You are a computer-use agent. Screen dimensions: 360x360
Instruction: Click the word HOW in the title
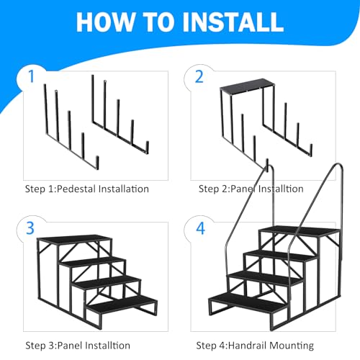point(105,22)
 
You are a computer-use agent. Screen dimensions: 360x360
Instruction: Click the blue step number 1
point(31,76)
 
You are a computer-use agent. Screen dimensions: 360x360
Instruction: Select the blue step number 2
point(199,76)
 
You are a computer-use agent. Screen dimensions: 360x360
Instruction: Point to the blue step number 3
point(30,228)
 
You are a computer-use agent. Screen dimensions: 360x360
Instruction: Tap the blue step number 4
point(201,228)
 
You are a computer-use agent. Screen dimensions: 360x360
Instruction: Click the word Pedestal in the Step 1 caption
point(76,189)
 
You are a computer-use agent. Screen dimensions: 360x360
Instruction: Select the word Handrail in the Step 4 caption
point(248,346)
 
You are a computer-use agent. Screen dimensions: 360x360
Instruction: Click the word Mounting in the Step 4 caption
point(292,346)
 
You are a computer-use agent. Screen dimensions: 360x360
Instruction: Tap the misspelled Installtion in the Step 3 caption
point(108,346)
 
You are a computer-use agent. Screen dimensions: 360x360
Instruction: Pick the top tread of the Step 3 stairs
point(74,239)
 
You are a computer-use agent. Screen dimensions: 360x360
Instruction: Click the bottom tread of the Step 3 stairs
point(122,304)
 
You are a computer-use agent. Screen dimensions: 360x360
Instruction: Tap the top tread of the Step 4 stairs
point(300,231)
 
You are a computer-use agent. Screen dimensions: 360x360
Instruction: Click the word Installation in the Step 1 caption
point(124,189)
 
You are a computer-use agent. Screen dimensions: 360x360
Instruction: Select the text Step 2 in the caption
point(213,189)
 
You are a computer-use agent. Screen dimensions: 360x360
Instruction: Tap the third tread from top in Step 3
point(107,282)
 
